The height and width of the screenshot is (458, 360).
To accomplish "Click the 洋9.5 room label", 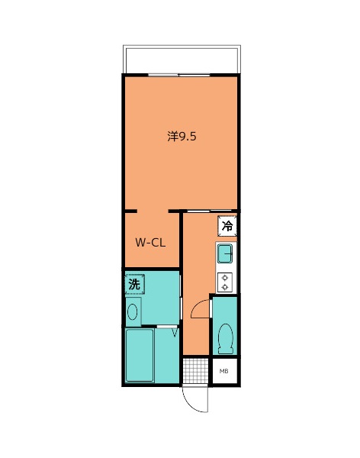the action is coord(182,137).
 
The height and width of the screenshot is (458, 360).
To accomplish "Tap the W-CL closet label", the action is coord(150,243).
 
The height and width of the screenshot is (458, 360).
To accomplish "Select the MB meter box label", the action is coord(224,371).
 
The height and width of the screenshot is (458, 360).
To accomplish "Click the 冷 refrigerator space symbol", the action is coord(227,226).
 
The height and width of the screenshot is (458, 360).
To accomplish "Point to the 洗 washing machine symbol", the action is coord(135,284).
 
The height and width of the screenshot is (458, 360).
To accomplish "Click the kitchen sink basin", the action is coord(225,253).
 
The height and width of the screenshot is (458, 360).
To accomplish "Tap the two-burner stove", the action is coord(225,282).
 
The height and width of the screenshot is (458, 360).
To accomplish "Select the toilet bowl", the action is coord(226,339).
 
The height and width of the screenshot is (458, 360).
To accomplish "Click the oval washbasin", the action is coord(132,311).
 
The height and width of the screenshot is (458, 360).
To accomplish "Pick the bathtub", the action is coord(140,355).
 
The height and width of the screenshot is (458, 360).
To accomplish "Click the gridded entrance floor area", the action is coord(195,370).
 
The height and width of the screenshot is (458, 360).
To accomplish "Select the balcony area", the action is coord(182,60).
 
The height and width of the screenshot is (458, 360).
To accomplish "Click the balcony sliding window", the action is coord(179,75).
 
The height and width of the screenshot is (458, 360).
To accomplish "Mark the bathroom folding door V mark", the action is coord(175,333).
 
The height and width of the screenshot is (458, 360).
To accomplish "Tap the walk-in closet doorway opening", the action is coord(153,211).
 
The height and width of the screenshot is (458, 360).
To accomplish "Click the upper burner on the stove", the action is coord(225,278).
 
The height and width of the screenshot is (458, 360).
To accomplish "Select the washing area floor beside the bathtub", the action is coord(167,356).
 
